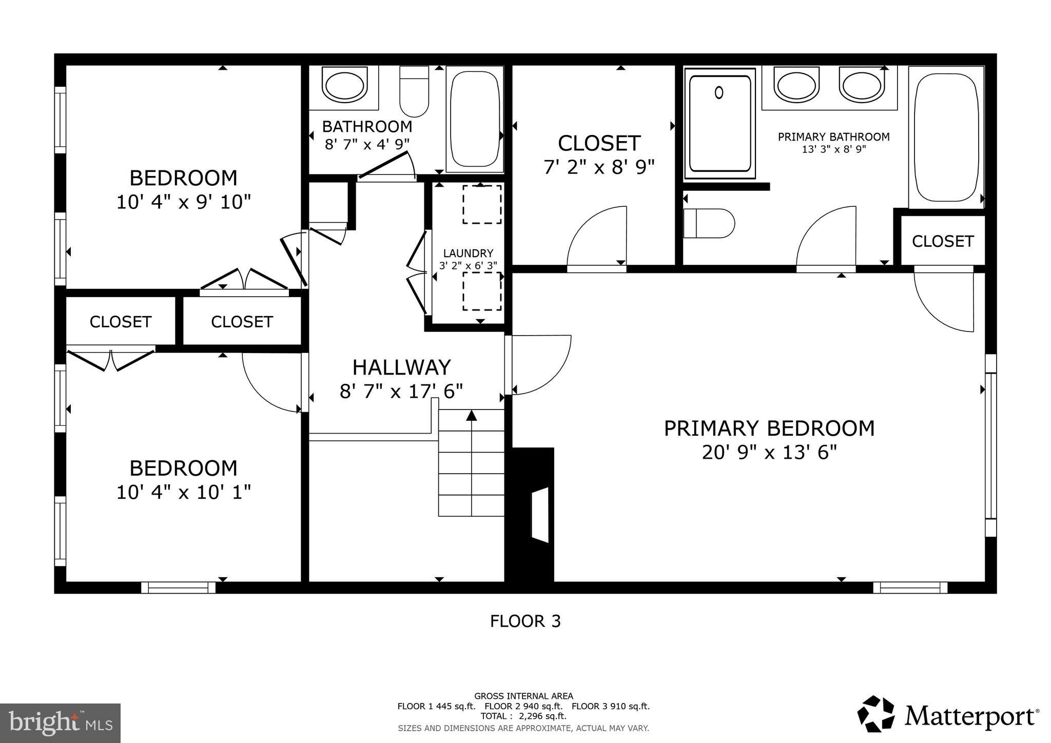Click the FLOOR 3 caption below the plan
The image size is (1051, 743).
[x=525, y=621]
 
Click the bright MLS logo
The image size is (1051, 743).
[x=60, y=723]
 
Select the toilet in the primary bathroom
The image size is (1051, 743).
[x=709, y=224]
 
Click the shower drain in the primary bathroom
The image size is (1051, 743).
[x=719, y=93]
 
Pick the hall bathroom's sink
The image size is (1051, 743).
[x=344, y=86]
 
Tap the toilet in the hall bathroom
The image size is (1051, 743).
[x=414, y=92]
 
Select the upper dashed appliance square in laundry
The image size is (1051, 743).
[x=482, y=204]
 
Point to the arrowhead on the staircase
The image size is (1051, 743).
[x=471, y=415]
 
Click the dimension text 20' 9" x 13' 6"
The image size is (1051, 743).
[x=769, y=453]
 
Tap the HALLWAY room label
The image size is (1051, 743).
[x=401, y=367]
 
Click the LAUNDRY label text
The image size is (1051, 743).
[x=468, y=253]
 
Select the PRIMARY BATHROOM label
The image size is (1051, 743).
[x=833, y=137]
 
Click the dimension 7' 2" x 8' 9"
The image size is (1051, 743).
[x=599, y=167]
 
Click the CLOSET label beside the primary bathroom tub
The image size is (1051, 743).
[x=942, y=241]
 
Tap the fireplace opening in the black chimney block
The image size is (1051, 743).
[x=540, y=515]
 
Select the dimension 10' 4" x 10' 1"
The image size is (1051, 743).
[x=183, y=493]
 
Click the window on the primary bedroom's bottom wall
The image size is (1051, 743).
[x=910, y=588]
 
